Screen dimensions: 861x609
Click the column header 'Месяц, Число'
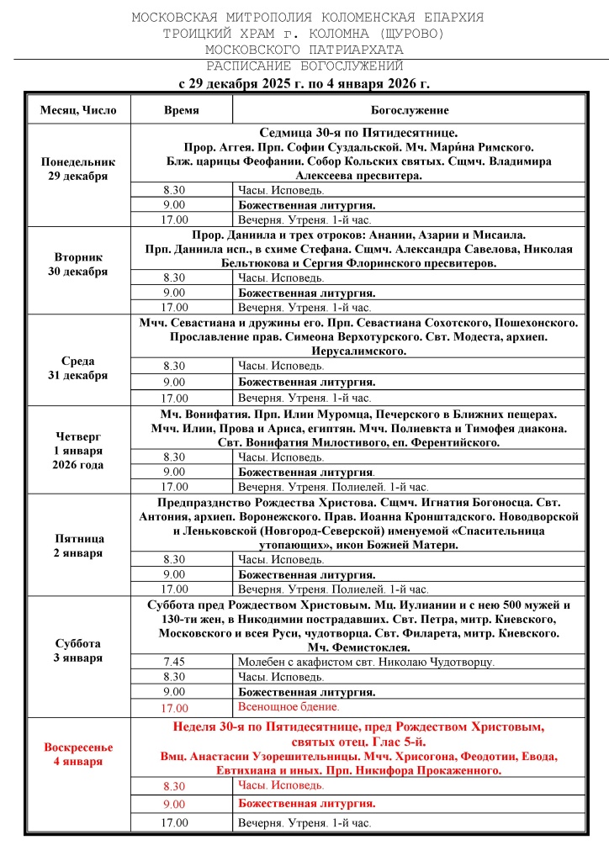[x=77, y=110]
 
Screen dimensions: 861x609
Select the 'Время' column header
[x=180, y=110]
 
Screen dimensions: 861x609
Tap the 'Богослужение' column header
[x=409, y=110]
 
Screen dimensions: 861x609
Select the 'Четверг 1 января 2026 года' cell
[x=77, y=450]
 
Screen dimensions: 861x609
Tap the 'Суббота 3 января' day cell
[x=77, y=650]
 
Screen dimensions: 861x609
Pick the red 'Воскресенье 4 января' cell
[x=77, y=753]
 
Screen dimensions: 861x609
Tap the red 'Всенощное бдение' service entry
[x=289, y=707]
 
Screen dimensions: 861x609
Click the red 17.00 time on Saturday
[x=175, y=708]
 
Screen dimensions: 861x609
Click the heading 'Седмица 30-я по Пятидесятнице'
[x=358, y=133]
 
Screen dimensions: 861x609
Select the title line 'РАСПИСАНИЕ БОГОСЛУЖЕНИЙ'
[x=304, y=66]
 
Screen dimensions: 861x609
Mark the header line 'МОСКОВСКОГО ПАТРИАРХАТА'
[x=304, y=49]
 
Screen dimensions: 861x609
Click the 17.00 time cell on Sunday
[x=175, y=823]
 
